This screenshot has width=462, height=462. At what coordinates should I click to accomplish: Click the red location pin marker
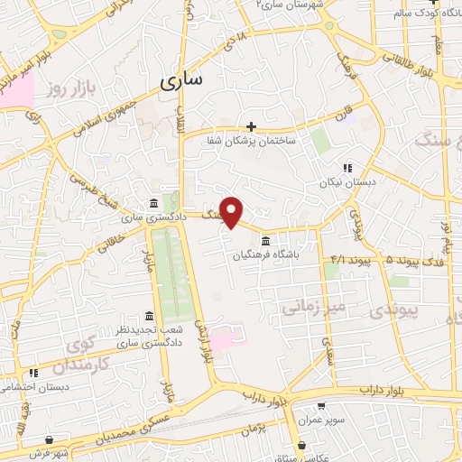point(232,212)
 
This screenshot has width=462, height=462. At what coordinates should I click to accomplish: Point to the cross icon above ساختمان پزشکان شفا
point(252,126)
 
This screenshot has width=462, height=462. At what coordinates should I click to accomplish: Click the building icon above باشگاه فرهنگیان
point(265,242)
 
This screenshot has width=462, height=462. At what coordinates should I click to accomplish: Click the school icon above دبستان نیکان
point(347,168)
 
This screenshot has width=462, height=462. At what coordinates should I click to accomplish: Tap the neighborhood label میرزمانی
point(312,307)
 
